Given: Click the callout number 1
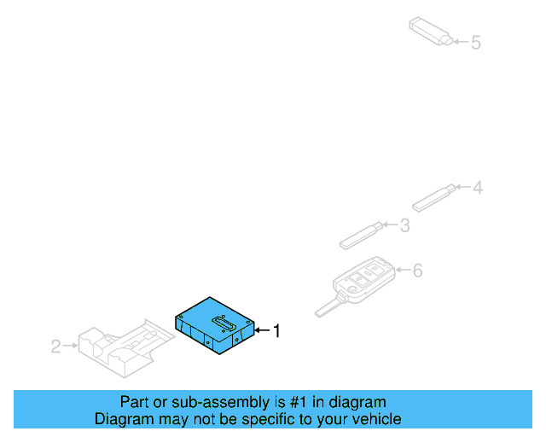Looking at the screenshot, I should click(x=276, y=329).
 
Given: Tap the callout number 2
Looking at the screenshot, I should click(x=55, y=346).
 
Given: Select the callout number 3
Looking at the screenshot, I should click(x=404, y=225).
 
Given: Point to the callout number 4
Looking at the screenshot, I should click(x=478, y=186).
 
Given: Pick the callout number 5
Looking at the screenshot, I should click(x=476, y=41).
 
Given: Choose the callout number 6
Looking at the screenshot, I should click(x=417, y=271).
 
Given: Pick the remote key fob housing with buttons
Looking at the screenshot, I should click(x=364, y=279).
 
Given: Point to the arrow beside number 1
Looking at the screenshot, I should click(x=262, y=329).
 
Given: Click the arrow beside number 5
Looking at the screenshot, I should click(x=460, y=41).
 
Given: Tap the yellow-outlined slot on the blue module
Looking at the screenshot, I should click(x=224, y=321).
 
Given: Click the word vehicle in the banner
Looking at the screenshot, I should click(x=375, y=419).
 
